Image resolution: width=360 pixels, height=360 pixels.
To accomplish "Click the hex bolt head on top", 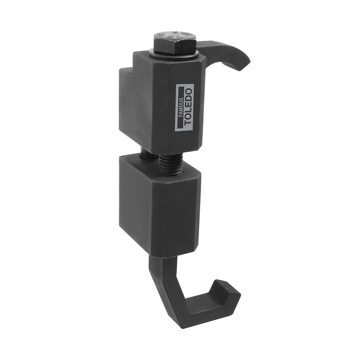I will (x=174, y=44).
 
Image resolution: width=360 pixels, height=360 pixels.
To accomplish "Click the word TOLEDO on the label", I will (x=188, y=107).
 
